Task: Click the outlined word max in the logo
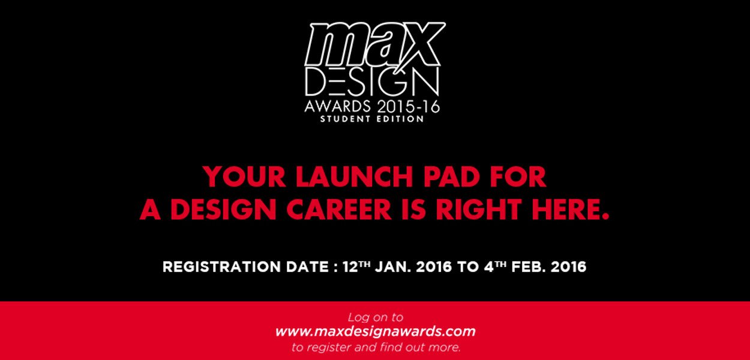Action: pyautogui.click(x=375, y=44)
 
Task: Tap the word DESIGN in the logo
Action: pyautogui.click(x=371, y=82)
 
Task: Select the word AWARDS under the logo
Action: pyautogui.click(x=337, y=106)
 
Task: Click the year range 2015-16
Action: pyautogui.click(x=408, y=106)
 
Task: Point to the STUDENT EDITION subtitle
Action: pyautogui.click(x=372, y=119)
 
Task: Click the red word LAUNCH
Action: pyautogui.click(x=354, y=176)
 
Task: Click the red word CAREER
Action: pyautogui.click(x=338, y=209)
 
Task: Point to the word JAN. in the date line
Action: pyautogui.click(x=393, y=267)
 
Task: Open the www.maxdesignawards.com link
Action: pyautogui.click(x=375, y=332)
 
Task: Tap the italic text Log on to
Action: pyautogui.click(x=376, y=317)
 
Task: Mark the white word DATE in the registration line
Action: pyautogui.click(x=307, y=267)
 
